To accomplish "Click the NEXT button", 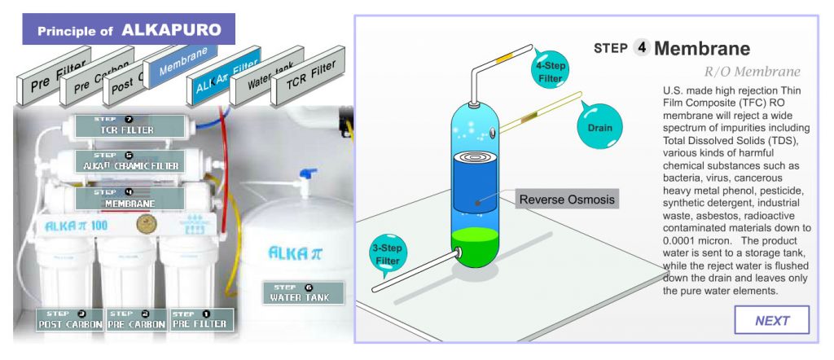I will tap(771, 320).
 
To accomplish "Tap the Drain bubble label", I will tap(599, 126).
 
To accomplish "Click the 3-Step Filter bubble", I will tap(388, 254).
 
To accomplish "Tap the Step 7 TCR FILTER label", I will tap(127, 125).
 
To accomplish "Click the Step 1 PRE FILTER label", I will tap(200, 319).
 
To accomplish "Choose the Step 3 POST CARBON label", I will tap(69, 319).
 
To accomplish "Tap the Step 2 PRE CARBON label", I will tap(135, 319).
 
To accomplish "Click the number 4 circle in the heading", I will tap(642, 48).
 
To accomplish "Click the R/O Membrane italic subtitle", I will tap(752, 72).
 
